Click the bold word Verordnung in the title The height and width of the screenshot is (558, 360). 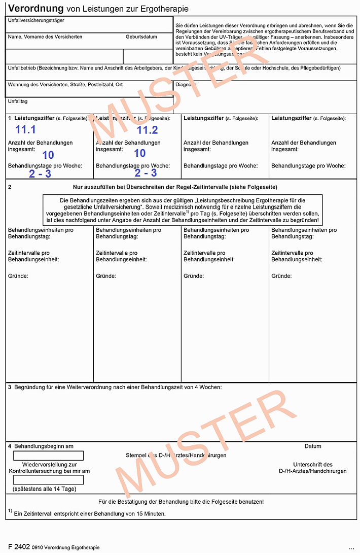[x=35, y=9]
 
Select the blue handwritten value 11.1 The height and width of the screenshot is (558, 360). [x=25, y=129]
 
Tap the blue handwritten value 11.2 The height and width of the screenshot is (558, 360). [x=147, y=130]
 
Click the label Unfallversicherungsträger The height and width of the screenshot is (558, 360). [x=35, y=20]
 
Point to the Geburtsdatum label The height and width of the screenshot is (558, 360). [x=141, y=37]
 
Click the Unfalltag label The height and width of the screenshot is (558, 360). [x=17, y=101]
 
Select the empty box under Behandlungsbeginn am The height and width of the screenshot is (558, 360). [x=48, y=456]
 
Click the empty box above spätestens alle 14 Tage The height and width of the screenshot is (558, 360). [x=48, y=480]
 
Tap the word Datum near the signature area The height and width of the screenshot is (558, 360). [x=313, y=446]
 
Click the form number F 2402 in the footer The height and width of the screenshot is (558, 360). [x=19, y=546]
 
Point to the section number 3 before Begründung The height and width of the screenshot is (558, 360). [x=10, y=388]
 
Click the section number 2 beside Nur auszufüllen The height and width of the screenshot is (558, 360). [x=10, y=187]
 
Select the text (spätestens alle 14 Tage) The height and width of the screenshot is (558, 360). [x=45, y=489]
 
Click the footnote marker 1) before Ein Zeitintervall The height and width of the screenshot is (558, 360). [x=10, y=511]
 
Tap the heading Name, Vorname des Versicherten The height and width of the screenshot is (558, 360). [x=45, y=37]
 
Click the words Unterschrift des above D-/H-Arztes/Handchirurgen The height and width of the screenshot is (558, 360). [x=313, y=464]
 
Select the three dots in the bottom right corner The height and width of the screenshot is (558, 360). [x=351, y=548]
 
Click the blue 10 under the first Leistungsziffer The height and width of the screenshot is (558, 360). [x=48, y=154]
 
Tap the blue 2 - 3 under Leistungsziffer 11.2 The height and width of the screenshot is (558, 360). [x=146, y=173]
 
